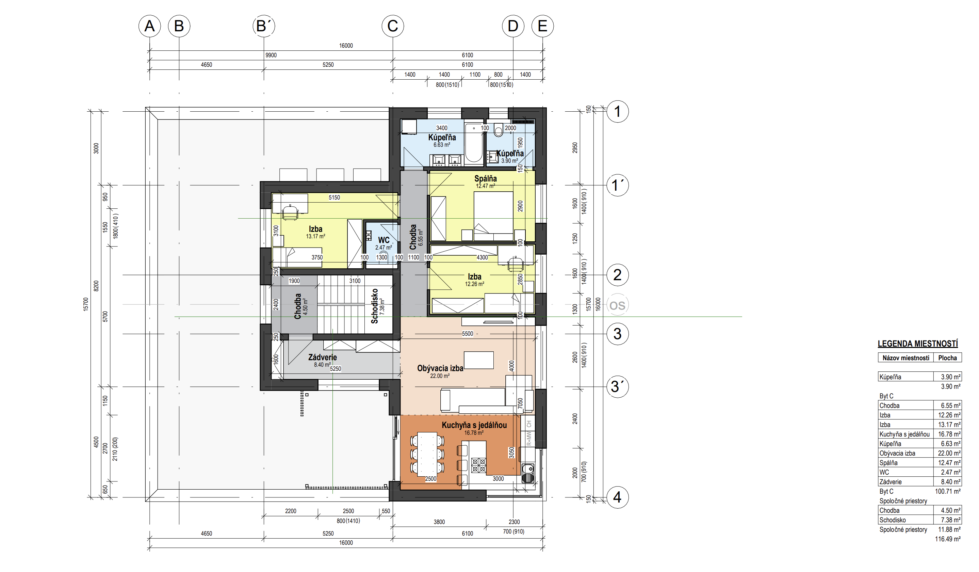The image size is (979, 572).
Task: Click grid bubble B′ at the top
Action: point(264,26)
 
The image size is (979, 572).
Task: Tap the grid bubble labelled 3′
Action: point(617,387)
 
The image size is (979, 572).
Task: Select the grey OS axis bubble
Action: point(617,305)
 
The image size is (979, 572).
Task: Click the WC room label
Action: point(384,240)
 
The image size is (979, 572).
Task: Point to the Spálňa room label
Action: point(485,178)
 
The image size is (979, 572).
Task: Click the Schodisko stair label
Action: point(375,306)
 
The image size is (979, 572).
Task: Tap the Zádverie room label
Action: point(323,357)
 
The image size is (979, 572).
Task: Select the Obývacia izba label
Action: point(440,368)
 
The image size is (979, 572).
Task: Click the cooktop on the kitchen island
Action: point(479,465)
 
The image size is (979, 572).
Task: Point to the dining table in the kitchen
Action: point(427,454)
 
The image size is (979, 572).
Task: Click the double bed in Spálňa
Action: point(493,216)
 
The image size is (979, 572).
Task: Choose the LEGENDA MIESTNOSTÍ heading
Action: point(918,344)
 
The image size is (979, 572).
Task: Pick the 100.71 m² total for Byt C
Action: point(948,491)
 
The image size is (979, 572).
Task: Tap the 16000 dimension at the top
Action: point(346,46)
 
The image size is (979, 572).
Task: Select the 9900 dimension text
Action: point(271,55)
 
